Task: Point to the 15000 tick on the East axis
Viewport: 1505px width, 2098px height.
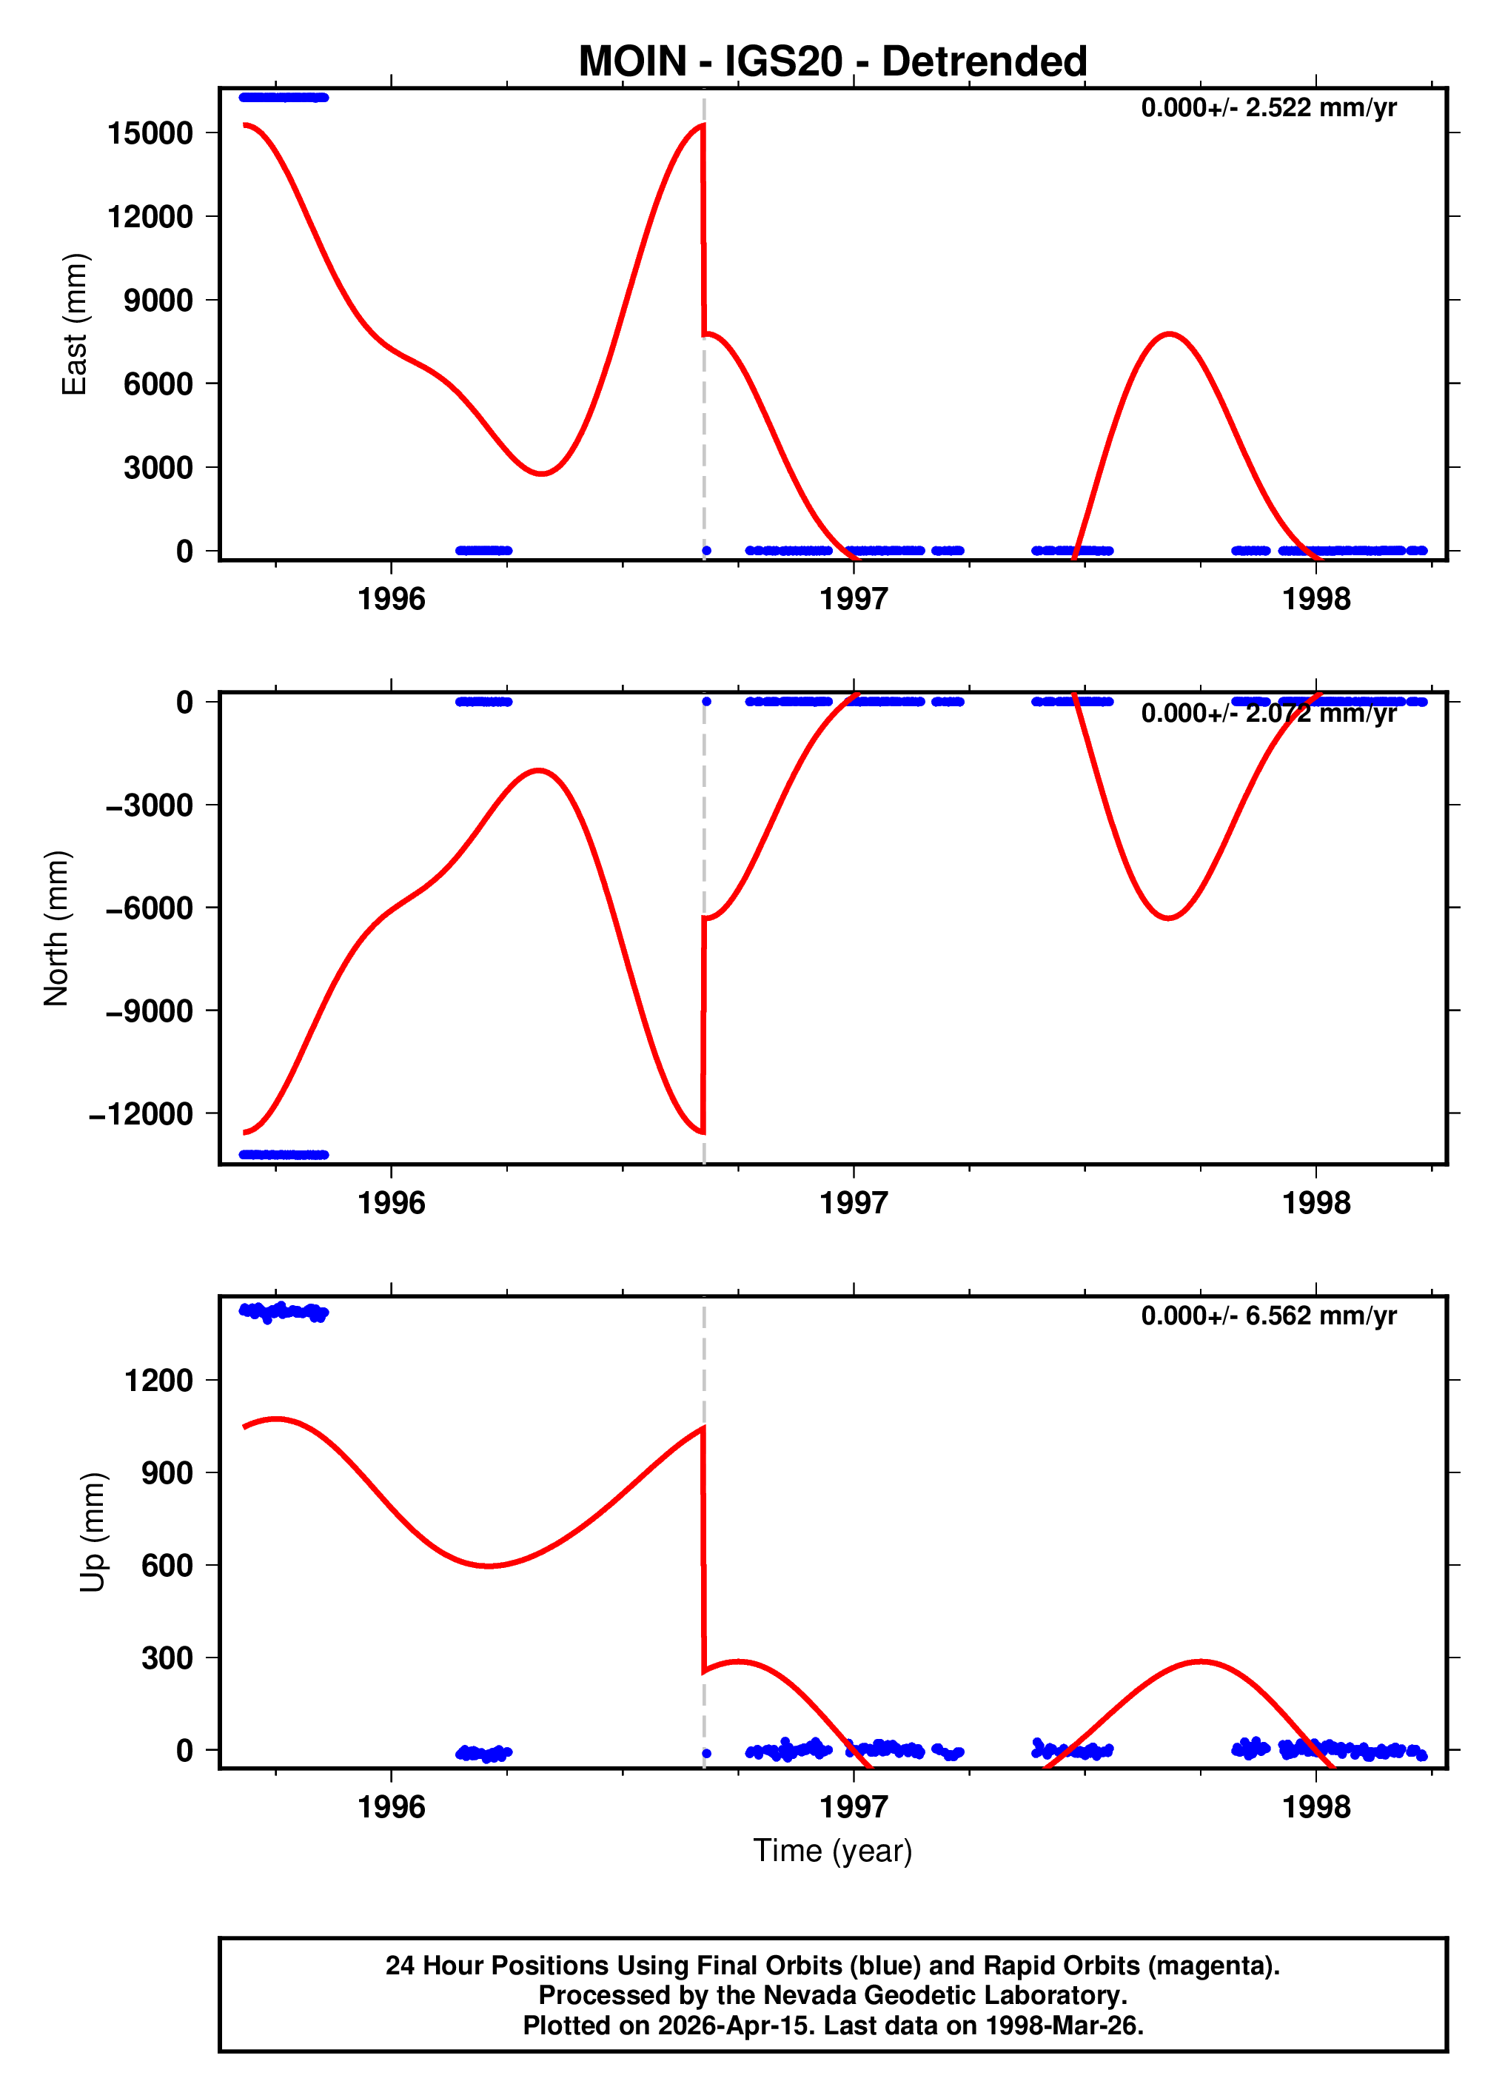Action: coord(150,133)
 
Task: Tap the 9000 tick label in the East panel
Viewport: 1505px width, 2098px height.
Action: coord(158,300)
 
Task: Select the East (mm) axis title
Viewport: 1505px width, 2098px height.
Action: coord(74,324)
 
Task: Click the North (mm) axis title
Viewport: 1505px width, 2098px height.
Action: coord(56,928)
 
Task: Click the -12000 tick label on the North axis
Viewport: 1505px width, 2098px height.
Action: coord(141,1113)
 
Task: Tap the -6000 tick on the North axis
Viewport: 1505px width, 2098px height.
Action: coord(149,908)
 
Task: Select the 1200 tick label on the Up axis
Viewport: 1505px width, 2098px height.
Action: coord(158,1380)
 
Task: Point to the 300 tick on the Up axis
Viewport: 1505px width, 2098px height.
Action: coord(167,1658)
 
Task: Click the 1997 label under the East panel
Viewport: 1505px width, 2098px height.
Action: coord(853,600)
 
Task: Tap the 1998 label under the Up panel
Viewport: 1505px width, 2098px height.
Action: coord(1315,1806)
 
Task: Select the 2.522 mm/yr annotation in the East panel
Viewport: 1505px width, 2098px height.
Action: coord(1268,107)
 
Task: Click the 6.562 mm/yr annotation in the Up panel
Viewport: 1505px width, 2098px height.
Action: coord(1268,1316)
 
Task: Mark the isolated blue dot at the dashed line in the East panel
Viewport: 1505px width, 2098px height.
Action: coord(705,550)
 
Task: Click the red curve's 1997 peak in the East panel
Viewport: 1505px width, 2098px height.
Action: coord(1170,334)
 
